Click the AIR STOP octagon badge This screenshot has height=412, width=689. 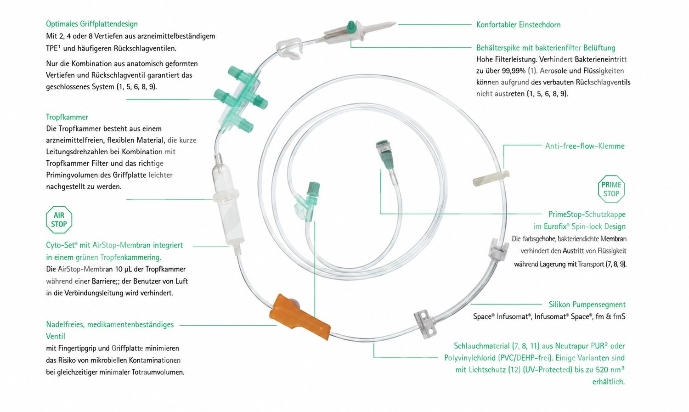click(x=59, y=220)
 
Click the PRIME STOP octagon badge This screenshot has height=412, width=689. click(x=611, y=189)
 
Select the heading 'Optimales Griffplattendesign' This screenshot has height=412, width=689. click(x=92, y=24)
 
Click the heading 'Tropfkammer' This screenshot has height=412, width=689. click(x=67, y=117)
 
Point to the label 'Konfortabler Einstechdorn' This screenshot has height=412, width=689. click(x=518, y=25)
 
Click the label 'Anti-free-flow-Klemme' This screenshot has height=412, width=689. click(x=585, y=146)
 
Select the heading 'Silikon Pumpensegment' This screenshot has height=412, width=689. click(x=587, y=305)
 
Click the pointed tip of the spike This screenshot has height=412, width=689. click(x=395, y=23)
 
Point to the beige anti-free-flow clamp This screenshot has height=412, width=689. click(x=491, y=178)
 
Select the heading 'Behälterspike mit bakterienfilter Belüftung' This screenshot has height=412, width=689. click(x=546, y=48)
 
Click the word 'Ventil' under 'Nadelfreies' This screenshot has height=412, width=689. click(x=56, y=336)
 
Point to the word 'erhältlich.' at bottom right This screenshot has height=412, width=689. click(x=609, y=382)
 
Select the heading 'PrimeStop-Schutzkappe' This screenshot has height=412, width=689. click(x=587, y=214)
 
